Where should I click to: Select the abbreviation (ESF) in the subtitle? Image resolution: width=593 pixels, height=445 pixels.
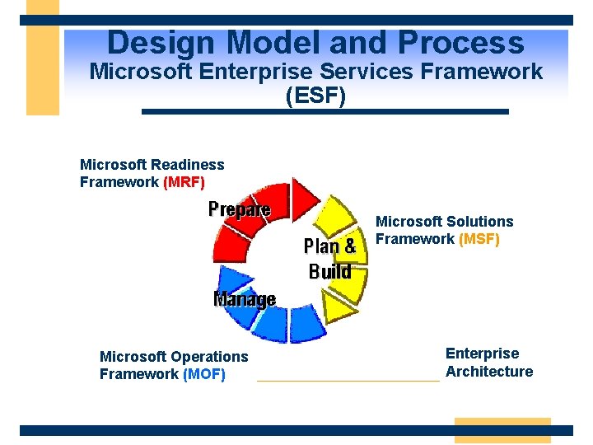click(315, 95)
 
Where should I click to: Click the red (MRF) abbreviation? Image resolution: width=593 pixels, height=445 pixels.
click(184, 182)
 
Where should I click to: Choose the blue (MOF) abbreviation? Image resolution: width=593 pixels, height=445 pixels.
click(203, 374)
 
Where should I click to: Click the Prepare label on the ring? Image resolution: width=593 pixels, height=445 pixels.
click(239, 209)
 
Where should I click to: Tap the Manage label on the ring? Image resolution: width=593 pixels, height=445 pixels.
click(245, 298)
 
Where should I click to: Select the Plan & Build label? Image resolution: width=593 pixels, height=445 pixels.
click(330, 258)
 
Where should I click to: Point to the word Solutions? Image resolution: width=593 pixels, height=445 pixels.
click(479, 222)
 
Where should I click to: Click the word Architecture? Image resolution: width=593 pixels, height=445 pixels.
click(489, 372)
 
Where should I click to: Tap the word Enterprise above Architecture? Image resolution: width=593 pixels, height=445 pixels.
click(482, 354)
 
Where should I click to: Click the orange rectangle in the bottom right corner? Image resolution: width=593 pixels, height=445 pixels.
click(502, 430)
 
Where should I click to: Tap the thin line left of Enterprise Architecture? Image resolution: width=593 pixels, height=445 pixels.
click(348, 381)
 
